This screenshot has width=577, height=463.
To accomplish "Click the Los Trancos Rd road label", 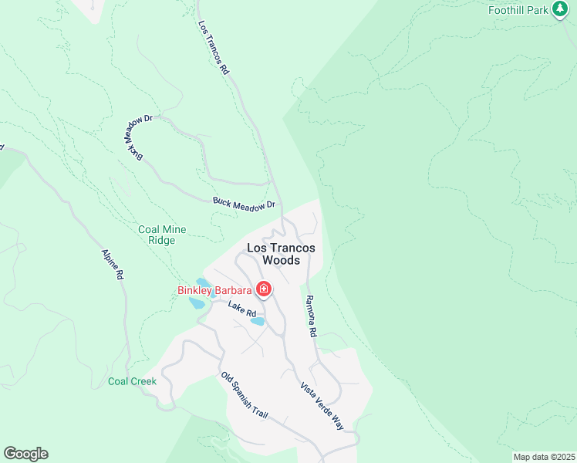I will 214,48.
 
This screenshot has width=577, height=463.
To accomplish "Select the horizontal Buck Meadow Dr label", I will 244,204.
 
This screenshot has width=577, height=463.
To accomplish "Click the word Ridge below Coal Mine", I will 157,240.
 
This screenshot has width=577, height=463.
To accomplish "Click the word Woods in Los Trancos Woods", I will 281,260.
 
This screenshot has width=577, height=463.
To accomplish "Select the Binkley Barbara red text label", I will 214,290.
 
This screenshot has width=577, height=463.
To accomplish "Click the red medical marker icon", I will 264,290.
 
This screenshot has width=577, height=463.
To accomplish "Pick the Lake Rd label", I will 241,309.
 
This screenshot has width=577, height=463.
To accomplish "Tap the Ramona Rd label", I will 311,316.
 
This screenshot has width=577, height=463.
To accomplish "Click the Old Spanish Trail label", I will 245,396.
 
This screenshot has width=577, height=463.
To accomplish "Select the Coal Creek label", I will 132,381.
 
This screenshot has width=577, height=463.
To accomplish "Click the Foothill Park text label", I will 518,10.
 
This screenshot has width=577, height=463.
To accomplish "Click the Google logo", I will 25,454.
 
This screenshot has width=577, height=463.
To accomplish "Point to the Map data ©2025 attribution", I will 543,457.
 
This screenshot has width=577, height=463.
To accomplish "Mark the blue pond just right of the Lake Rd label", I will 258,321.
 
